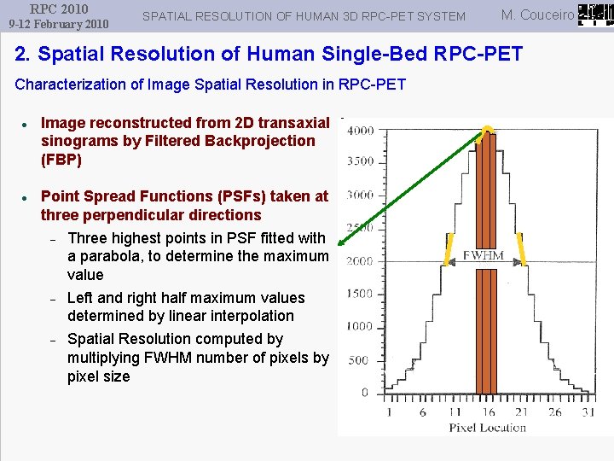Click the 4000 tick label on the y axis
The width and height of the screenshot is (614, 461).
point(359,131)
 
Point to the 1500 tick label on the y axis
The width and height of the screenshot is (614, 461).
point(359,294)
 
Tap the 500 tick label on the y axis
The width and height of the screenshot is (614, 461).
point(359,360)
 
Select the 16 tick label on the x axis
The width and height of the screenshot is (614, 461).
point(487,412)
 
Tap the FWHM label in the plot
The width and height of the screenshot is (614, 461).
point(484,254)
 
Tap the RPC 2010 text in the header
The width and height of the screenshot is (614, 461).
point(59,9)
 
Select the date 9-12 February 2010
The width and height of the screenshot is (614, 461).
point(59,24)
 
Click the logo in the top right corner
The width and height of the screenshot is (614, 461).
point(594,14)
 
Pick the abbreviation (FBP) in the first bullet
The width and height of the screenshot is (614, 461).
point(61,160)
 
